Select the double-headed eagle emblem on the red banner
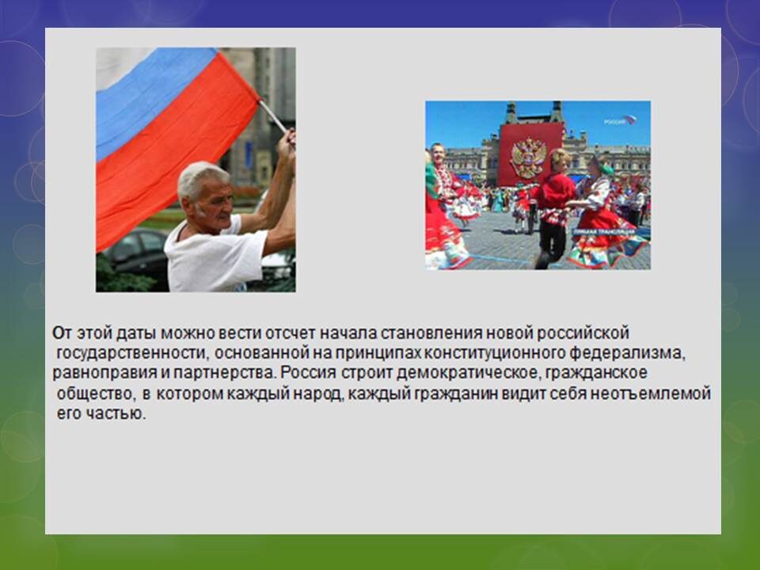pyautogui.click(x=529, y=158)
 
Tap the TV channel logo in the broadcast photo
pyautogui.click(x=619, y=120)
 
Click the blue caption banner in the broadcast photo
pyautogui.click(x=604, y=233)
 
